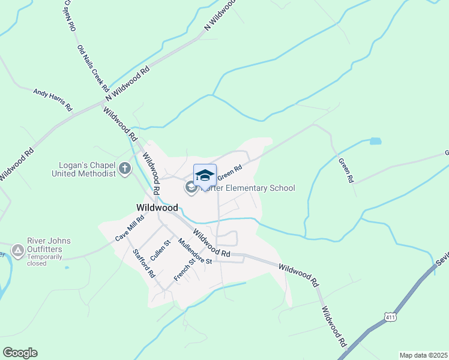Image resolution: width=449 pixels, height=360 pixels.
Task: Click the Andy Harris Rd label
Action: pos(53,100)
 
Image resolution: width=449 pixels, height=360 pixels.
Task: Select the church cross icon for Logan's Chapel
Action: pos(125,169)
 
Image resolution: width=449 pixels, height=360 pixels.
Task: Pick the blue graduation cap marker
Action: pos(205,175)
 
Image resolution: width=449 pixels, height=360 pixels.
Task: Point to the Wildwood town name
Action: pos(157,208)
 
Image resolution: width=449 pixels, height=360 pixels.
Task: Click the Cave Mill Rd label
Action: pos(130,230)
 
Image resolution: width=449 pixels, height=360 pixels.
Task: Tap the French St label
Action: pos(184,269)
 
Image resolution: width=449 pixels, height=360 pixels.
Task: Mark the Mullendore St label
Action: pos(195,251)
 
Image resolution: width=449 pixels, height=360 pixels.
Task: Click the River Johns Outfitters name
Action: pos(49,245)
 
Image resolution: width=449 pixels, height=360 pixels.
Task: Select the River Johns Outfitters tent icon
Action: pos(18,250)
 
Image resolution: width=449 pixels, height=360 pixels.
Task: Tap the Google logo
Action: pos(20,353)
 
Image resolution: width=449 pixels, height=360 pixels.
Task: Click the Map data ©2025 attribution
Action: pos(423,355)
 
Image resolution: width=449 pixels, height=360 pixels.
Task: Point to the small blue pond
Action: pos(375,142)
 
